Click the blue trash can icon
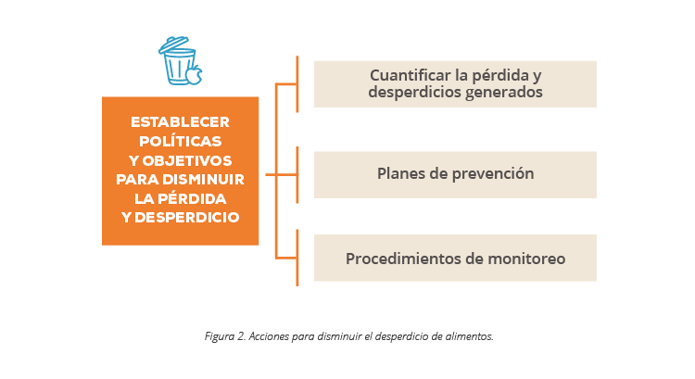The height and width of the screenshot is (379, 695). click(179, 62)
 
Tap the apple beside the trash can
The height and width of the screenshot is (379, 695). click(194, 75)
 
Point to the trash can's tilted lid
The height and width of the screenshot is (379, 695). click(174, 44)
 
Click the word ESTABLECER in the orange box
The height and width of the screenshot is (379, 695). click(180, 122)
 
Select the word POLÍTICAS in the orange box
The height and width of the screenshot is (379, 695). click(180, 141)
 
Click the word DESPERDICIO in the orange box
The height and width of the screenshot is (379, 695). click(186, 217)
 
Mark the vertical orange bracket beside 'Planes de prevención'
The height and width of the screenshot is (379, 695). click(297, 174)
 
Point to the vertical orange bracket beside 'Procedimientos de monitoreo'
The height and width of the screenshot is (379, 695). click(297, 258)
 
